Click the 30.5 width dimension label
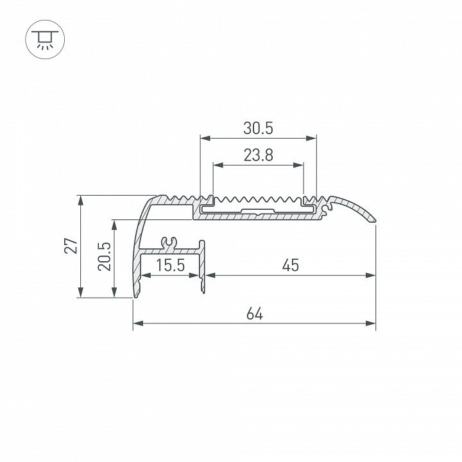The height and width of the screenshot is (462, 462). (x=258, y=128)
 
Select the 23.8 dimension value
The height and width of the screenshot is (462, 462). (x=259, y=155)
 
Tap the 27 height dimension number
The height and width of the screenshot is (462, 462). (x=71, y=246)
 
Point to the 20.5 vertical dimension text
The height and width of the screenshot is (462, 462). (x=105, y=256)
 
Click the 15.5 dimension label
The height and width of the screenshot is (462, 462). (x=170, y=265)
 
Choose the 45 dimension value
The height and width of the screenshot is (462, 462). (x=291, y=265)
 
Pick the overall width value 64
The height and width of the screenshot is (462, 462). (x=255, y=314)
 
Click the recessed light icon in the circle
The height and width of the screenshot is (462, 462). (x=45, y=39)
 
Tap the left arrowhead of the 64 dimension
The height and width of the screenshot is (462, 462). (x=138, y=323)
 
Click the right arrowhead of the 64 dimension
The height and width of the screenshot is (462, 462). (x=371, y=323)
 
